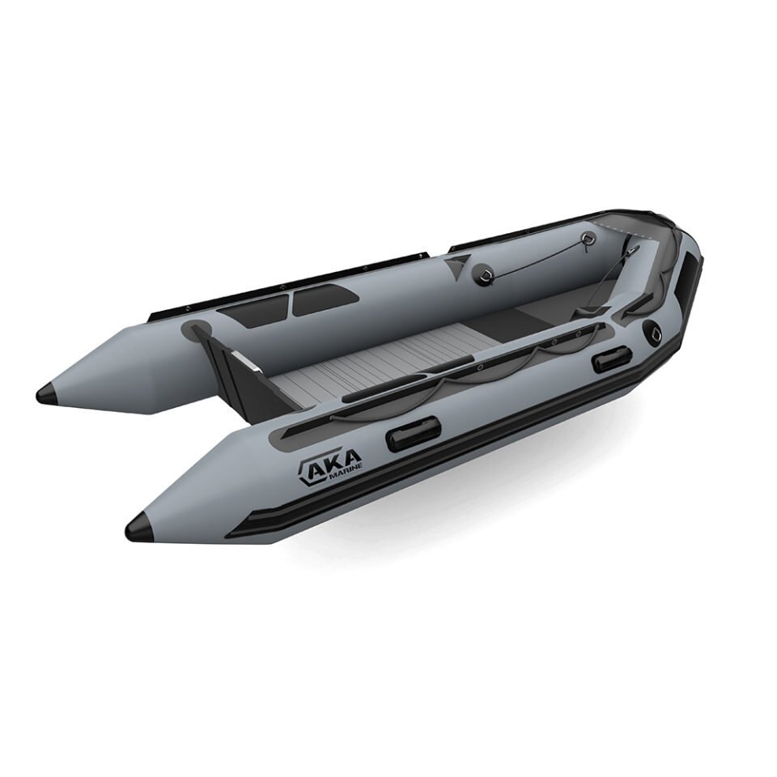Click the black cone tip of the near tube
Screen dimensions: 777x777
141,527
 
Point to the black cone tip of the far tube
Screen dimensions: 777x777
49,393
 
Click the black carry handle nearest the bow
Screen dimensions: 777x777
612,358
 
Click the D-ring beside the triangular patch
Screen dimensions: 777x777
484,272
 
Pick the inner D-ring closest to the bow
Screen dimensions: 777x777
588,238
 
